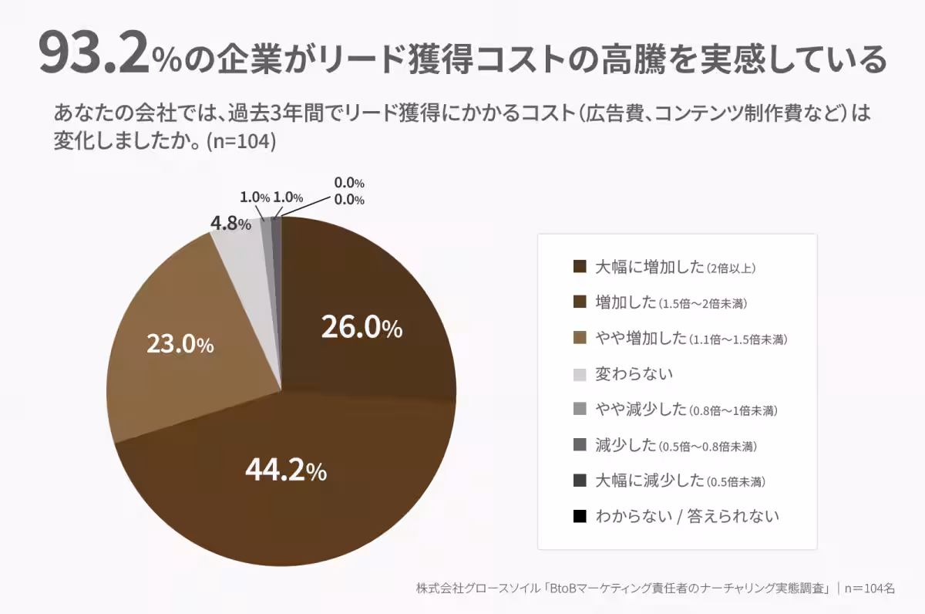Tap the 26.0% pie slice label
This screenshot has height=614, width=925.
[x=362, y=329]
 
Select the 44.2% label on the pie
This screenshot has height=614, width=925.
[x=286, y=469]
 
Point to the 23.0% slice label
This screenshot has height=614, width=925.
[x=180, y=344]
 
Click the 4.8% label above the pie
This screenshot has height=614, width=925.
[x=230, y=224]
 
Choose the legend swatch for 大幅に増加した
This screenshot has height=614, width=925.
[x=580, y=268]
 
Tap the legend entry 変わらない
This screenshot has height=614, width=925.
[x=634, y=374]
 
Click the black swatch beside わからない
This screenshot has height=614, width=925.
[x=580, y=516]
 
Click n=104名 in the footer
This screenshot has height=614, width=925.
[x=869, y=589]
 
